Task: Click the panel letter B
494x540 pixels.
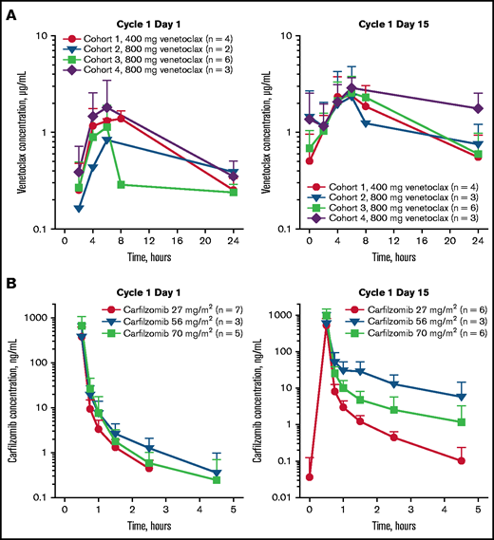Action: (x=9, y=282)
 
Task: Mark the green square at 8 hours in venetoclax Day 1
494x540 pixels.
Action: (x=121, y=184)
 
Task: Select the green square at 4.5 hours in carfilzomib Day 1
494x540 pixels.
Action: (x=217, y=479)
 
